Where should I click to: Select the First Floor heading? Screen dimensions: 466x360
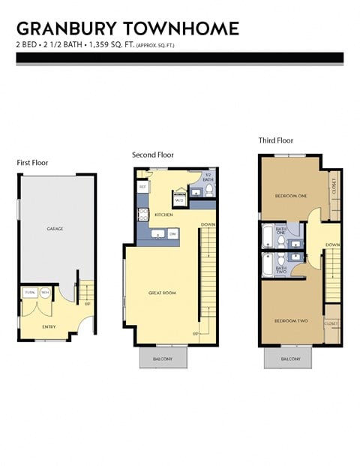point(33,162)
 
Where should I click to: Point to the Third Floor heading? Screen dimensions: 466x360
point(276,140)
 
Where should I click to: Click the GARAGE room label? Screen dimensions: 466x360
point(55,228)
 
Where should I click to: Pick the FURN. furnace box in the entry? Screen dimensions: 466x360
point(31,292)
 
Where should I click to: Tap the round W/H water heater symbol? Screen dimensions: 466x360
point(45,292)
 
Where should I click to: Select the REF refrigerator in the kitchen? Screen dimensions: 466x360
point(142,186)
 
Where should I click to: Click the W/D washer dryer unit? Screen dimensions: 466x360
point(179,200)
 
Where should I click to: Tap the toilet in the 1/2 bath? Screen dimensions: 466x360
point(209,191)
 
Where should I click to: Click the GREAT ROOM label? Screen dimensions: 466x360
point(162,293)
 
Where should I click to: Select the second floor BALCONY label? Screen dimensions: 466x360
point(163,359)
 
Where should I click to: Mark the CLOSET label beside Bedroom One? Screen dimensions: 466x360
point(333,185)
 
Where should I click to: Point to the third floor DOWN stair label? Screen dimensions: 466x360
point(333,245)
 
